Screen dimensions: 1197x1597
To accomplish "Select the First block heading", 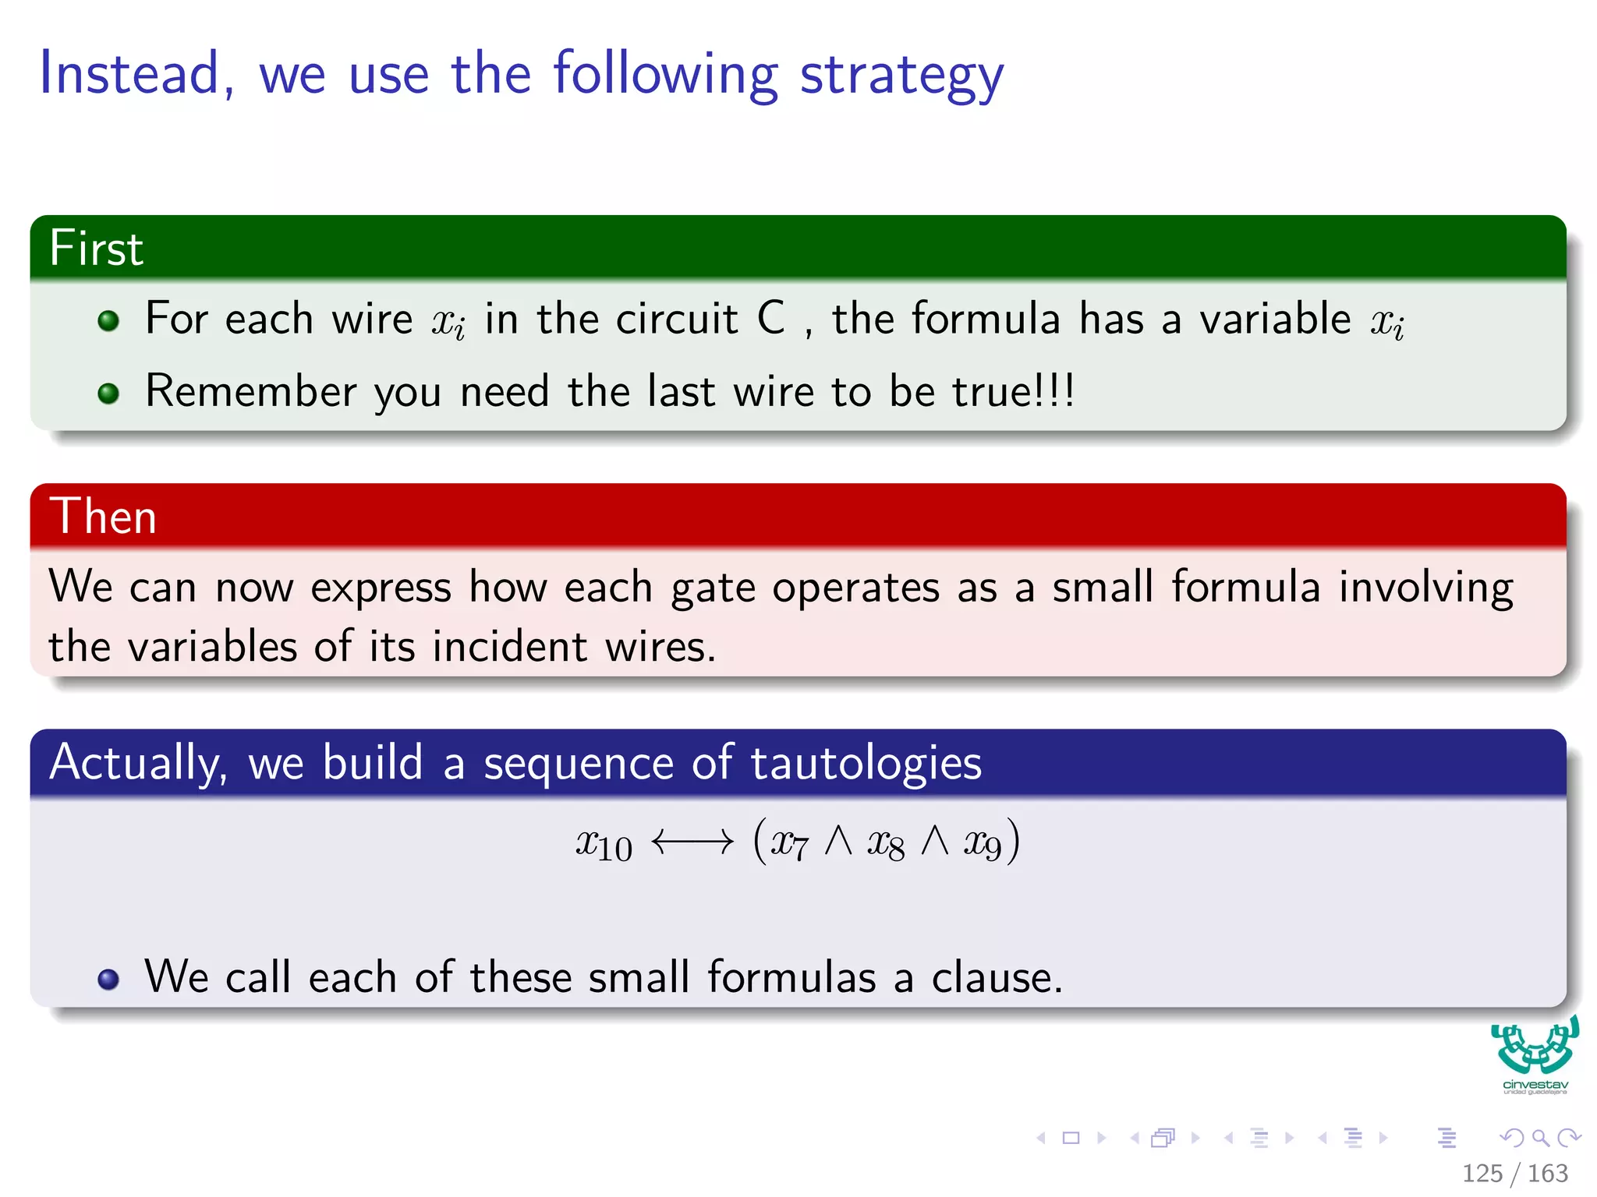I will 97,249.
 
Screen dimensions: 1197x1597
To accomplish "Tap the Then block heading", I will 103,517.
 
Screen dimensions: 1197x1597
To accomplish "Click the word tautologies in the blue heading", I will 866,763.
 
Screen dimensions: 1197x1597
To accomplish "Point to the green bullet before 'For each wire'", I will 108,320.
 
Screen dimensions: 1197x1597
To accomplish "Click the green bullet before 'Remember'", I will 108,393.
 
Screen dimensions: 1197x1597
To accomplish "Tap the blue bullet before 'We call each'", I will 108,979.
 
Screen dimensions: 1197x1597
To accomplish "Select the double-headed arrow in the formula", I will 692,842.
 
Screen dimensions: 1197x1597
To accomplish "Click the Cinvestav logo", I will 1535,1054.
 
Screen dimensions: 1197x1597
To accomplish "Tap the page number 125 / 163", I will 1514,1173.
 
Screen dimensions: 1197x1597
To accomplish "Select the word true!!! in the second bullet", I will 1013,391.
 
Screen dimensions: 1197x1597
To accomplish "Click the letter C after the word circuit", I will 770,319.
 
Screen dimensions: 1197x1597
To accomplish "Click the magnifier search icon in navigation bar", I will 1540,1138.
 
